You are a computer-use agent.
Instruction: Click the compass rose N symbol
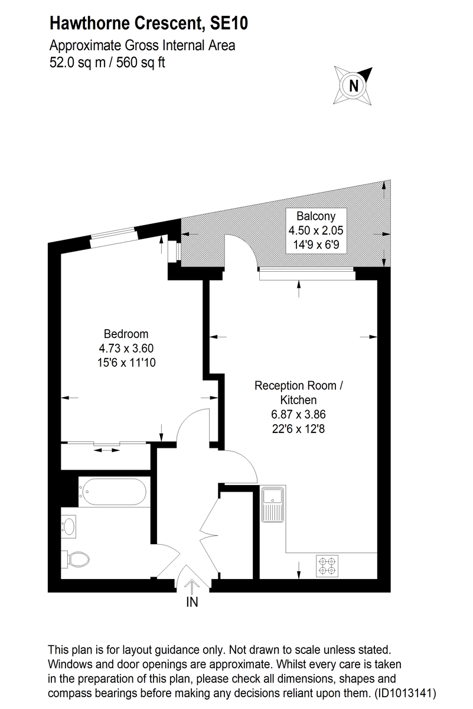(x=354, y=85)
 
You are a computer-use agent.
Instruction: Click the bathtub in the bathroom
(x=114, y=492)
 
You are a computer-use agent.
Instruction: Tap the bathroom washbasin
(x=70, y=525)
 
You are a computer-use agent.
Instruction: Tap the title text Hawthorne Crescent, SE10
(x=148, y=24)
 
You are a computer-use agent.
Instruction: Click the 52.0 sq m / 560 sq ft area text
(x=107, y=63)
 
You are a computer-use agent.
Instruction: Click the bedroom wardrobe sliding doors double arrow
(x=106, y=451)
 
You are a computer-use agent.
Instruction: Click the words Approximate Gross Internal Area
(x=142, y=45)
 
